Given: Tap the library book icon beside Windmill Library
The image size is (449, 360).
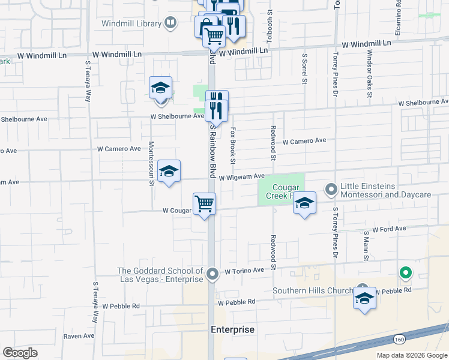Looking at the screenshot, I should [171, 23].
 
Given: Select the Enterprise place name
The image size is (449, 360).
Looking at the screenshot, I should [233, 330].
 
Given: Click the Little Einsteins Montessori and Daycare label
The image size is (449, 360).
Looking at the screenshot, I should [385, 191].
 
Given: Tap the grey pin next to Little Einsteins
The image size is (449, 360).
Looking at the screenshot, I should [331, 190].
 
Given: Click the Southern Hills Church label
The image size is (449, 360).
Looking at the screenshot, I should [313, 291].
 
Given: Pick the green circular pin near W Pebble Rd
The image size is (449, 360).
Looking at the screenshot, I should [406, 274].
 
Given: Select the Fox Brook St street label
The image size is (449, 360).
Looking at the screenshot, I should [232, 146].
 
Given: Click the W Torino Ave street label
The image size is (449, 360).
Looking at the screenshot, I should [244, 272].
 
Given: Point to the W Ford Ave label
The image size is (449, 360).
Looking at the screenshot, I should [389, 229].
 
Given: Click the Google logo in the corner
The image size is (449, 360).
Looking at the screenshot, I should [20, 353].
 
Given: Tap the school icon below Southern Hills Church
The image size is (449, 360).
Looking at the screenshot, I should [364, 298].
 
